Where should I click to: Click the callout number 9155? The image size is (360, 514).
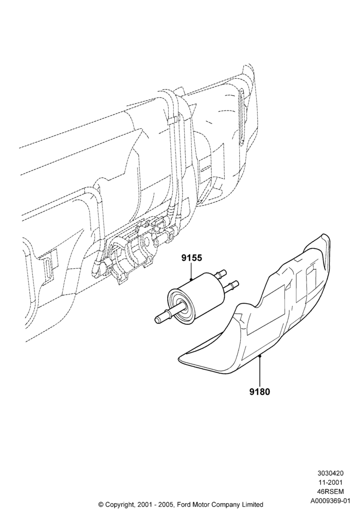coord(192,258)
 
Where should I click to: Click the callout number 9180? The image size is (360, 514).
coord(259,391)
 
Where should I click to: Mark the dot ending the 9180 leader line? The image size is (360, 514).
coord(259,355)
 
